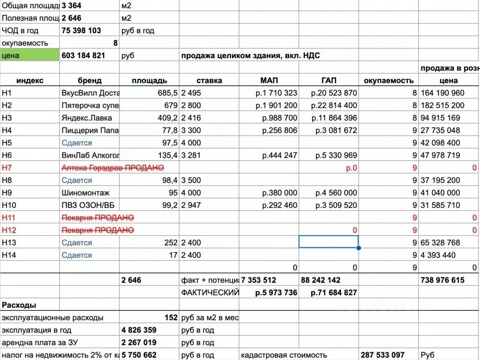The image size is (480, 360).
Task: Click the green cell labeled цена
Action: pos(30,55)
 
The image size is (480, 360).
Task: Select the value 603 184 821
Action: pos(84,55)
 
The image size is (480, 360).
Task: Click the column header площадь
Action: pos(149,80)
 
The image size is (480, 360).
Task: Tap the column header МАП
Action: pos(269,80)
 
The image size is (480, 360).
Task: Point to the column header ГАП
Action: pos(328,80)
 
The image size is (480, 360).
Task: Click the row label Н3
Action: pos(7,118)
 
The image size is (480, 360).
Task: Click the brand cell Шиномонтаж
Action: pos(85,192)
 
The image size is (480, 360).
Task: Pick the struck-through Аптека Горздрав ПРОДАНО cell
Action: pos(113,168)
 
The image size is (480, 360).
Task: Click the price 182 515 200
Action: pos(442,105)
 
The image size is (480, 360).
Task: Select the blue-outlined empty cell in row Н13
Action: pos(328,242)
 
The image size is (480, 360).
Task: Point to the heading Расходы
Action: pos(19,305)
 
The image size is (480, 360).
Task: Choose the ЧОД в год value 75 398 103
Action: pos(81,30)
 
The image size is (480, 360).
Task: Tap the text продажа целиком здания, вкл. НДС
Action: pos(250,55)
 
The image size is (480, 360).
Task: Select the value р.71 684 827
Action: pos(334,292)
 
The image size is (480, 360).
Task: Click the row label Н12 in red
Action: pos(9,230)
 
